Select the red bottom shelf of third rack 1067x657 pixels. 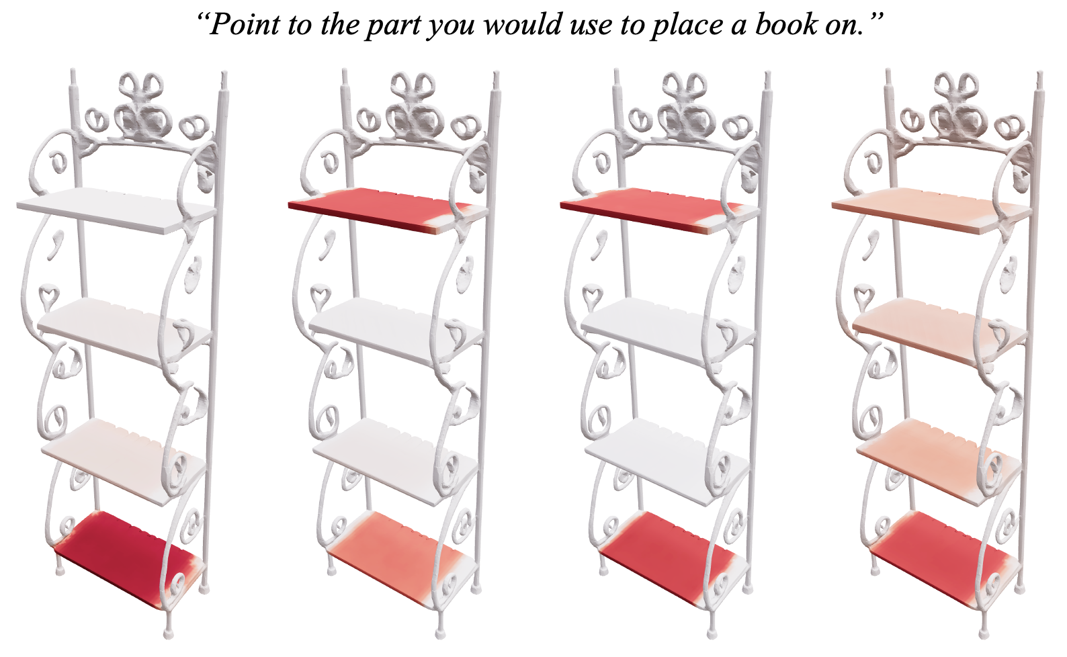click(667, 557)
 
